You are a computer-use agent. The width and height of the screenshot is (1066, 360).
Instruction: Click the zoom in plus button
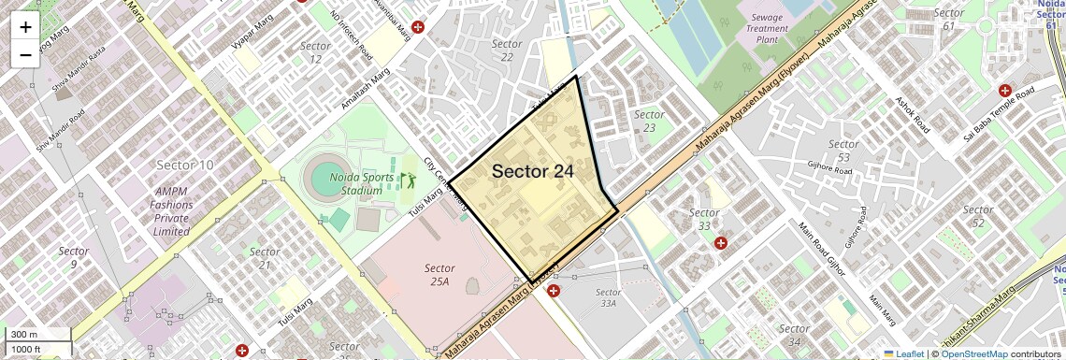pyautogui.click(x=25, y=27)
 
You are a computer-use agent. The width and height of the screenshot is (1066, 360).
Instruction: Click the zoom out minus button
pyautogui.click(x=25, y=54)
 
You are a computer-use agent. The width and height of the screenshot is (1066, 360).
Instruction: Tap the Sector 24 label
pyautogui.click(x=532, y=171)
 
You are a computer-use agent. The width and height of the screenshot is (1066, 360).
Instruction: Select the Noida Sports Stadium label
pyautogui.click(x=349, y=184)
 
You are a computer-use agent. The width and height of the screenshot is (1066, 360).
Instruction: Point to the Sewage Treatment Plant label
pyautogui.click(x=767, y=28)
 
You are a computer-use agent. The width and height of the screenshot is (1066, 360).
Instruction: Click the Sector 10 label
pyautogui.click(x=185, y=166)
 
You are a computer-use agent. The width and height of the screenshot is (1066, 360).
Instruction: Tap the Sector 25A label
pyautogui.click(x=439, y=275)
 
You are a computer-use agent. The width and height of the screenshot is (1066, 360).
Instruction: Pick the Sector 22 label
pyautogui.click(x=507, y=50)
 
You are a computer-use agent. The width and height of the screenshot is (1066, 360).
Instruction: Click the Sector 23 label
pyautogui.click(x=649, y=122)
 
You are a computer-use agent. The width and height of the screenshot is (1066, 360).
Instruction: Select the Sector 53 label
pyautogui.click(x=843, y=151)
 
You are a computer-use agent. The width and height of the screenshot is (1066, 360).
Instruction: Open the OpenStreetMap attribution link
pyautogui.click(x=973, y=354)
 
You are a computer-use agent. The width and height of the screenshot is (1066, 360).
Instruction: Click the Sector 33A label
pyautogui.click(x=608, y=297)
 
